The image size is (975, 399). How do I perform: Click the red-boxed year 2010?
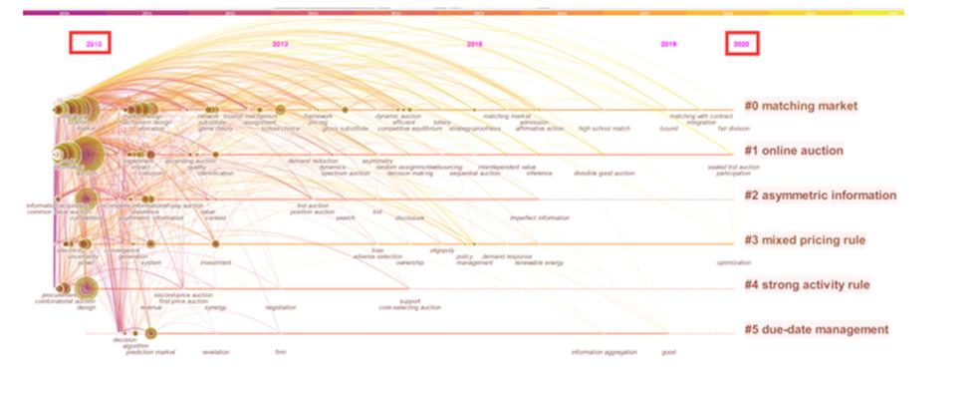(90, 44)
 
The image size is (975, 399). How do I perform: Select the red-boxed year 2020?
(741, 44)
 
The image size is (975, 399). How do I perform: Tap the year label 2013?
(281, 44)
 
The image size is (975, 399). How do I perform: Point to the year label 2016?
(475, 44)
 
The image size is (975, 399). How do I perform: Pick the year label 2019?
(669, 44)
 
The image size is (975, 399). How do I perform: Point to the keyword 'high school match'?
(605, 129)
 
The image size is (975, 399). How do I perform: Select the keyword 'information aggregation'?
(604, 352)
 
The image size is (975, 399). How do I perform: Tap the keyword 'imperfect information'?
(540, 217)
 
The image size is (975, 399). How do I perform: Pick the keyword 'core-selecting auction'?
(409, 307)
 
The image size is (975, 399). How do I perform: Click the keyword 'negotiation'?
(281, 307)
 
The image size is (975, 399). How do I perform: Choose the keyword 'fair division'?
(734, 129)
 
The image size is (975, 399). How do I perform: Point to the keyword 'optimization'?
(734, 263)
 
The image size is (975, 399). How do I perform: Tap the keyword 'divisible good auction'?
(604, 174)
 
